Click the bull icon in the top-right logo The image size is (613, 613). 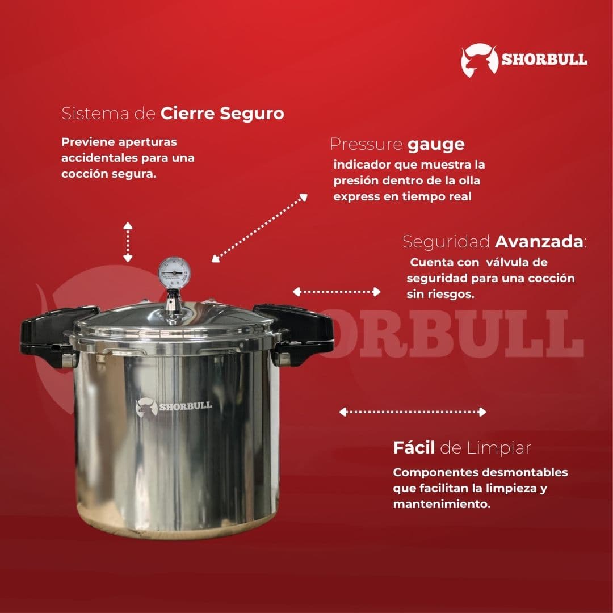(x=479, y=60)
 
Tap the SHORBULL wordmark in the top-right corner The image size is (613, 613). (x=544, y=60)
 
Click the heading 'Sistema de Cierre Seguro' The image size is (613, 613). (x=173, y=114)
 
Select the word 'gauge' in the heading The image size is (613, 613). (x=436, y=145)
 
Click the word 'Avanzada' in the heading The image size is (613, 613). (x=539, y=242)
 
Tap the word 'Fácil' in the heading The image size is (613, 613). (x=414, y=448)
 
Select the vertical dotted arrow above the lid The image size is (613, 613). (x=128, y=242)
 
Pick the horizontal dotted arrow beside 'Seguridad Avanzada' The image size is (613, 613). (x=336, y=292)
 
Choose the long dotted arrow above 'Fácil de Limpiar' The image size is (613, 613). (x=413, y=412)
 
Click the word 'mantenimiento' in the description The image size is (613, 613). (x=440, y=504)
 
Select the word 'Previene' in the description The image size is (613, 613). (x=87, y=142)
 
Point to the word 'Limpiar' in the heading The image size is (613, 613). (x=499, y=448)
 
